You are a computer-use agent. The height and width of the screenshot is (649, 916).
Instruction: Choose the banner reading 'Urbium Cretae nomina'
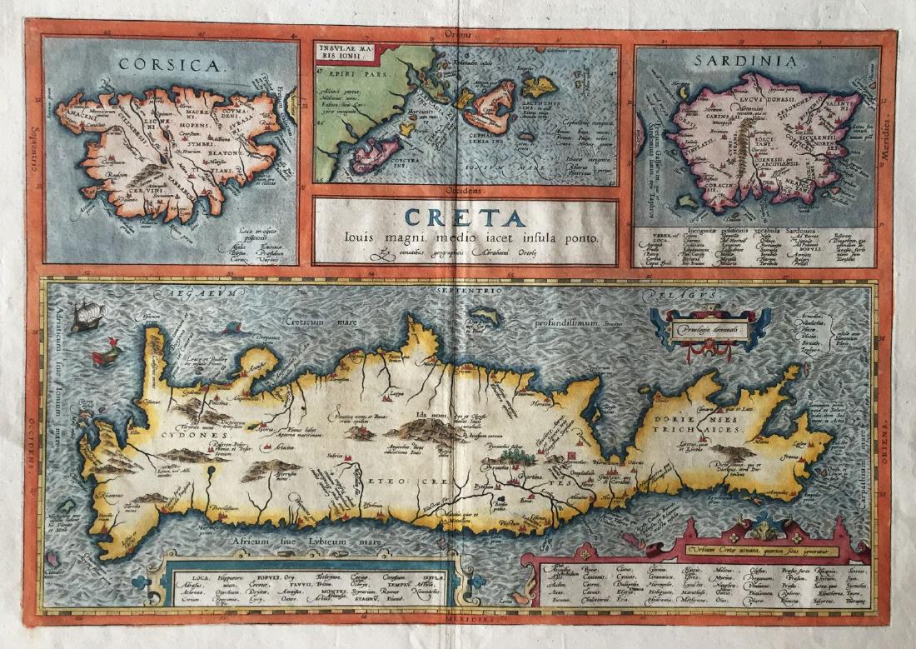pyautogui.click(x=764, y=549)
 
